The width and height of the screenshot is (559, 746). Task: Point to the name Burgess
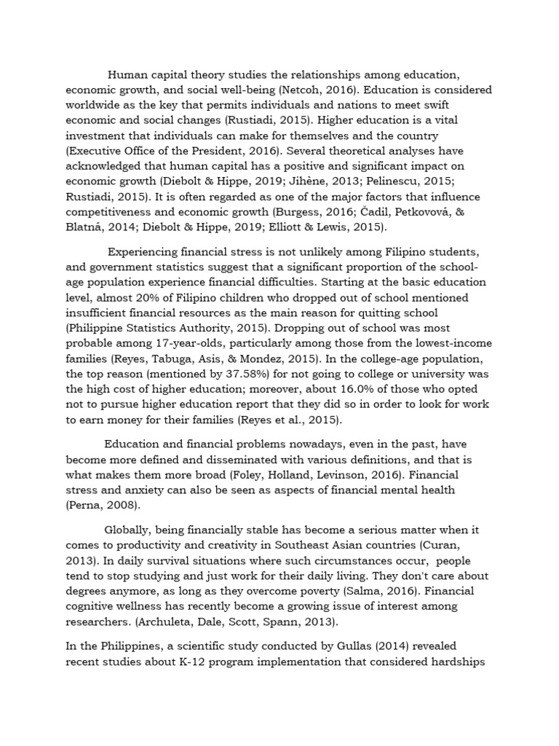click(x=300, y=212)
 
